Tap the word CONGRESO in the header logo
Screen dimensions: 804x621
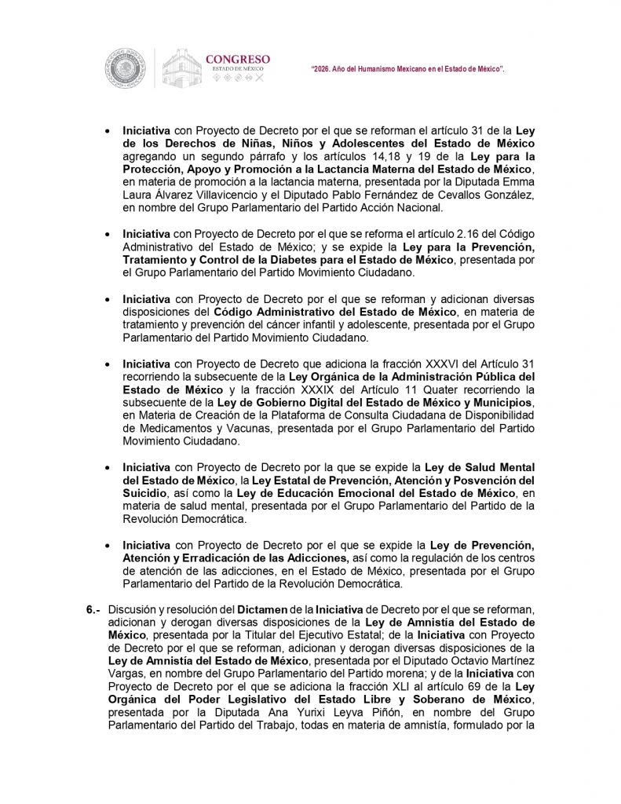tap(237, 59)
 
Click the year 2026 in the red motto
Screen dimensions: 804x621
tap(324, 70)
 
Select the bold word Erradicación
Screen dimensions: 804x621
tap(217, 557)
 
